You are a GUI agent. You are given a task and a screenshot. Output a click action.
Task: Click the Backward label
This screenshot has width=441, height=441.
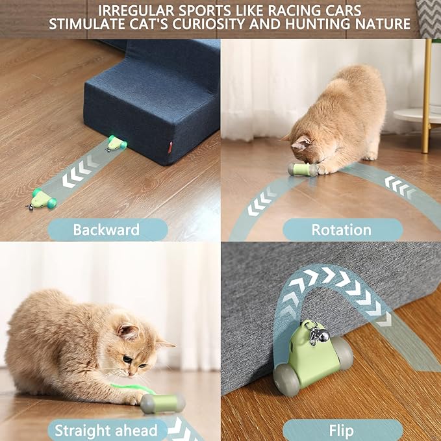(107, 229)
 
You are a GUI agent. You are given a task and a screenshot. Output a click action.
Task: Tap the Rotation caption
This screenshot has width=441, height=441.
(342, 229)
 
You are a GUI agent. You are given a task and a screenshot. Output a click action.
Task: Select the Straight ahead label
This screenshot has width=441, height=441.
(106, 430)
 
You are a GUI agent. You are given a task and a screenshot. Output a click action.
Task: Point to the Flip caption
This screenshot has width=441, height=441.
(342, 430)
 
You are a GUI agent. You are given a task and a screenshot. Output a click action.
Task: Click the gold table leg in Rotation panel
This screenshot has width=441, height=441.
(426, 97)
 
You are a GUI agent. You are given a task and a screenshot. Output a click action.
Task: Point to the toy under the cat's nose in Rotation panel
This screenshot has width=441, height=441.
(303, 170)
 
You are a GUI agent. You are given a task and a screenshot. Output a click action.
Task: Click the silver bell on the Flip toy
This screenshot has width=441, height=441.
(321, 337)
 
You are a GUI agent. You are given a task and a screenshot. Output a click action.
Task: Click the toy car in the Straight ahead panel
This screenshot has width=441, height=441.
(163, 403)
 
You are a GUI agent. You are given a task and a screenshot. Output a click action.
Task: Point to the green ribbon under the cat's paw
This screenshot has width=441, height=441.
(130, 388)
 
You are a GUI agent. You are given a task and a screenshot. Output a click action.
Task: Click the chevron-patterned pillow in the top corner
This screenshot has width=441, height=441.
(429, 16)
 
